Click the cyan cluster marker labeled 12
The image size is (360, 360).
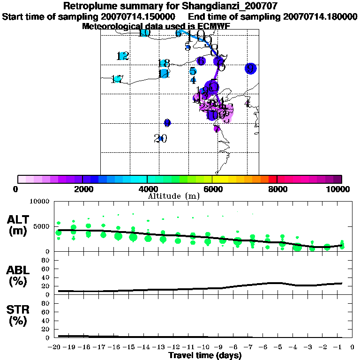point(123,56)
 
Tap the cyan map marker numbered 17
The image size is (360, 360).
point(117,79)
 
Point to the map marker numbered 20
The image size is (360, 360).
point(160,138)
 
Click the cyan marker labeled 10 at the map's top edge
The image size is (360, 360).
point(144,33)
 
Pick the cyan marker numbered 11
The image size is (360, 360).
point(164,74)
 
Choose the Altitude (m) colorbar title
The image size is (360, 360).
point(174,195)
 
